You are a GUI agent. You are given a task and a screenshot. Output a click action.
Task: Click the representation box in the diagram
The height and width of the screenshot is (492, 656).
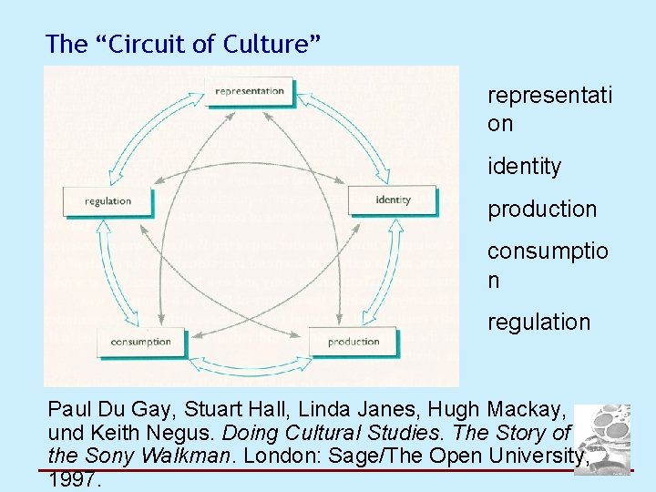click(250, 91)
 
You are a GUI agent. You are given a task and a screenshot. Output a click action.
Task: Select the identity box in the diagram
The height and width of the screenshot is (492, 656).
click(393, 200)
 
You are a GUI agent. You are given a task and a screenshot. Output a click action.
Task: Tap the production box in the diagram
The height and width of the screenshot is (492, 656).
click(353, 342)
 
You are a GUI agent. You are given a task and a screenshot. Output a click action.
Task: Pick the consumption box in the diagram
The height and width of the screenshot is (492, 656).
click(140, 342)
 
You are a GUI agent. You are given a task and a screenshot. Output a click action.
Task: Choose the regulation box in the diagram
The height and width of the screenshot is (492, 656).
click(108, 200)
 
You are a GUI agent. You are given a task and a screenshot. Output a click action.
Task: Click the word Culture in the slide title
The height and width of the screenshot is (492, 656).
click(274, 43)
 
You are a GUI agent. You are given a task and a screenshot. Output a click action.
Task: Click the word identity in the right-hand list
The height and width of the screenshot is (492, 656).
click(524, 167)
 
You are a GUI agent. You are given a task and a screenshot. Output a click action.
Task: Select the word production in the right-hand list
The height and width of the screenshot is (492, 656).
click(542, 210)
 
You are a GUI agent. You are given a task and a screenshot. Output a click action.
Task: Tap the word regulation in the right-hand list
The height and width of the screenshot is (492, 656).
click(538, 322)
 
